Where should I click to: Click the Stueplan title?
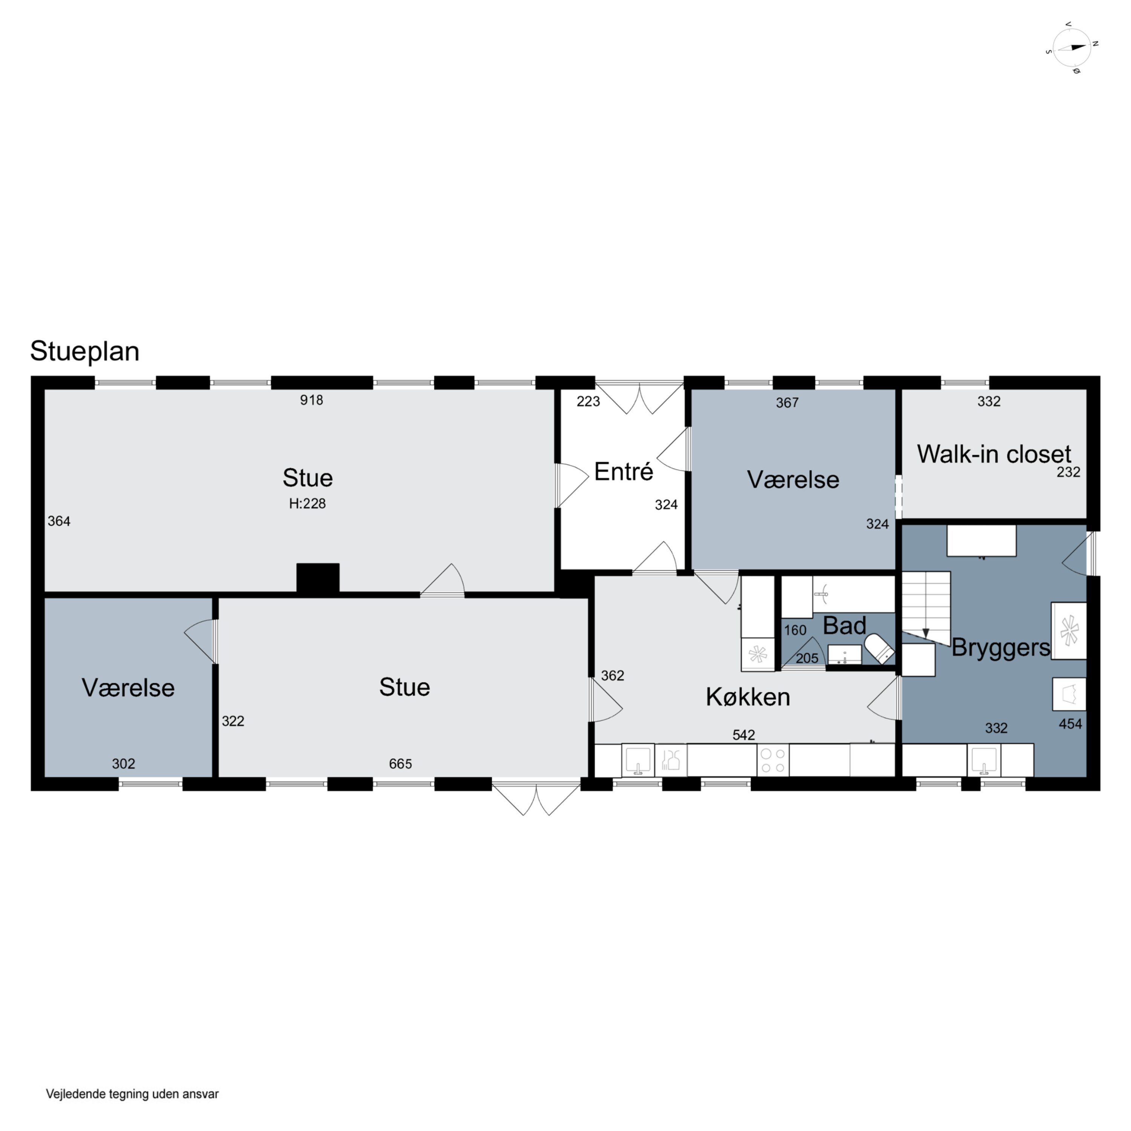point(85,352)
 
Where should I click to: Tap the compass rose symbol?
point(1072,48)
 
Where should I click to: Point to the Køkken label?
point(748,697)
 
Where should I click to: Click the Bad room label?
point(844,626)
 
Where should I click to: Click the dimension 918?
point(311,400)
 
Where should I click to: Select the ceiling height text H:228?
point(307,503)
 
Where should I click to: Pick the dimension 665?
point(400,763)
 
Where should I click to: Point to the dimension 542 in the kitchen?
point(743,735)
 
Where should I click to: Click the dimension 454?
point(1070,724)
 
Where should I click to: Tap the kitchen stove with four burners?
point(773,760)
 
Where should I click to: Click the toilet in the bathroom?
point(880,648)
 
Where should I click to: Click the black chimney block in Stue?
point(318,578)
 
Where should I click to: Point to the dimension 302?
point(124,763)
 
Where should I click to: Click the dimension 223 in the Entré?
point(588,401)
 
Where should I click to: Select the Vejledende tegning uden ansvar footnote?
point(132,1094)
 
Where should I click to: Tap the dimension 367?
point(788,402)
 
